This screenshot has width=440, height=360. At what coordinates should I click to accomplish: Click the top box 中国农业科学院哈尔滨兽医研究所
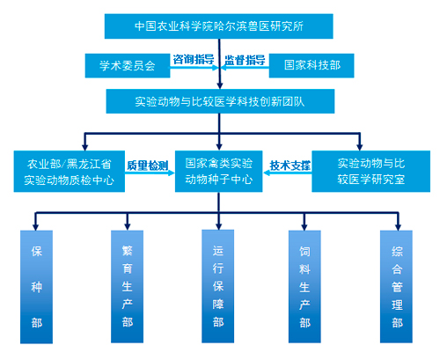click(x=219, y=26)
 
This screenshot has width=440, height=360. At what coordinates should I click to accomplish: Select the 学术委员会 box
click(x=128, y=65)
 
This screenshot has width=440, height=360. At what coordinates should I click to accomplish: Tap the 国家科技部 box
click(x=312, y=65)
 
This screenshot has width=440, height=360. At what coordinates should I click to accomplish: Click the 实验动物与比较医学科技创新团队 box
click(x=220, y=101)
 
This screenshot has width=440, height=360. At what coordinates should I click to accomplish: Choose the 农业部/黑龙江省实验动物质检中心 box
click(x=70, y=172)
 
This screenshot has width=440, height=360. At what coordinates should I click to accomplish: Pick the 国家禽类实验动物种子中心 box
click(x=219, y=172)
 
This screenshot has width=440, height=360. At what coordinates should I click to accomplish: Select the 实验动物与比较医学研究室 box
click(x=371, y=172)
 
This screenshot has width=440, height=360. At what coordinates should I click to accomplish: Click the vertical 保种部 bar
click(x=36, y=287)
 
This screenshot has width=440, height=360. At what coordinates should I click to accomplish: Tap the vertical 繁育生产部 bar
click(x=127, y=286)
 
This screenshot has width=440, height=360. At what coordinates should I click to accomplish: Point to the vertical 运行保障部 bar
click(x=218, y=286)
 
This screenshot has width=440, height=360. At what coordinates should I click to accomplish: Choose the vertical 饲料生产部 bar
click(x=304, y=286)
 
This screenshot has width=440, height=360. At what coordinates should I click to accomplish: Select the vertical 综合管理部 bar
click(x=396, y=286)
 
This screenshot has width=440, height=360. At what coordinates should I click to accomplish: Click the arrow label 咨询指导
click(x=194, y=60)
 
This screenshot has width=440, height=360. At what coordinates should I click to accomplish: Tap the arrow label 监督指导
click(x=245, y=60)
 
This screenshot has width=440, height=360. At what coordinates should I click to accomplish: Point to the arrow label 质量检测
click(x=148, y=165)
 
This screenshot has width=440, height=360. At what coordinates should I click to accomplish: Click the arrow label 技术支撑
click(x=290, y=165)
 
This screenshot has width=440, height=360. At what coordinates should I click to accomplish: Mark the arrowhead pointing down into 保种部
click(x=35, y=227)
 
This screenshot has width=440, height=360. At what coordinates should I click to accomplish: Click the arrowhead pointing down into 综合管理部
click(x=398, y=227)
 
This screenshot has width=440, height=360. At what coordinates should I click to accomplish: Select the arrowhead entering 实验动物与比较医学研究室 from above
click(x=360, y=147)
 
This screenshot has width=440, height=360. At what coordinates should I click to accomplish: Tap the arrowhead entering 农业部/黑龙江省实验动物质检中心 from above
click(x=85, y=147)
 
